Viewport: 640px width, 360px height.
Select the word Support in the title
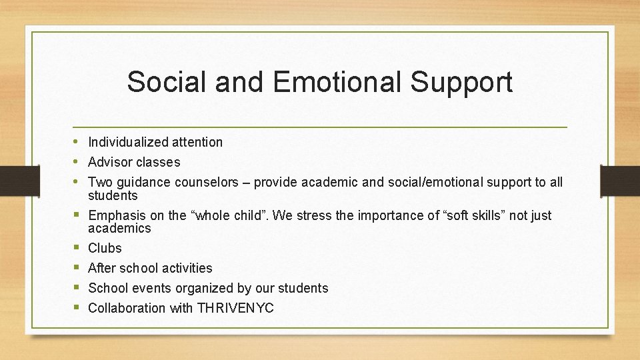tap(461, 82)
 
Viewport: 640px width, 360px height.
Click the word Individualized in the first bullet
tap(128, 142)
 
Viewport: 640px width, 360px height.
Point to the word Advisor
tap(110, 162)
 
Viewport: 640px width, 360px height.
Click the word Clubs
tap(105, 248)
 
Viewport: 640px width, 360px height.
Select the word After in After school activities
tap(102, 268)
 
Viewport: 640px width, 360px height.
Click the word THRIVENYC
tap(235, 308)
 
